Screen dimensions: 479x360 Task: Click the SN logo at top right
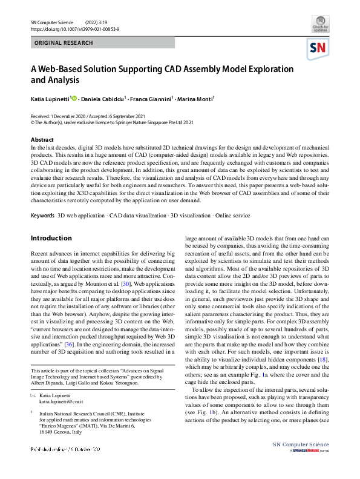320,48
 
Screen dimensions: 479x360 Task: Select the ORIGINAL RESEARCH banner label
64,43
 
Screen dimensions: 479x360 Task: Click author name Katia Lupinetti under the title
50,97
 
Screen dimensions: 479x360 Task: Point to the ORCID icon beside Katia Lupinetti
75,97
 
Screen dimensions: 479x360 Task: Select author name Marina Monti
198,97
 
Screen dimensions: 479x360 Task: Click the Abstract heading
42,140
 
